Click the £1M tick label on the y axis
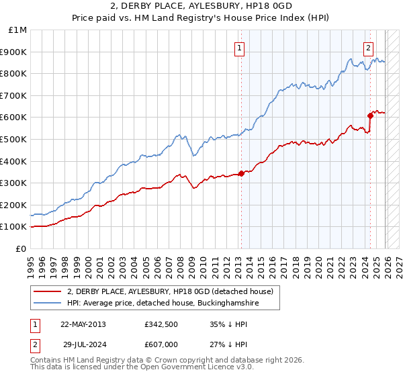coord(17,30)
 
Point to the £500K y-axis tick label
coord(14,139)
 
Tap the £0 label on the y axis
coord(20,248)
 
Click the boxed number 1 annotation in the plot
coord(240,47)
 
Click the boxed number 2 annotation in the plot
coord(369,47)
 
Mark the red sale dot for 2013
coord(240,173)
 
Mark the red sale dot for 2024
coord(370,115)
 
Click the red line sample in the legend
coord(48,291)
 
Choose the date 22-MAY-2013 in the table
coord(83,324)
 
